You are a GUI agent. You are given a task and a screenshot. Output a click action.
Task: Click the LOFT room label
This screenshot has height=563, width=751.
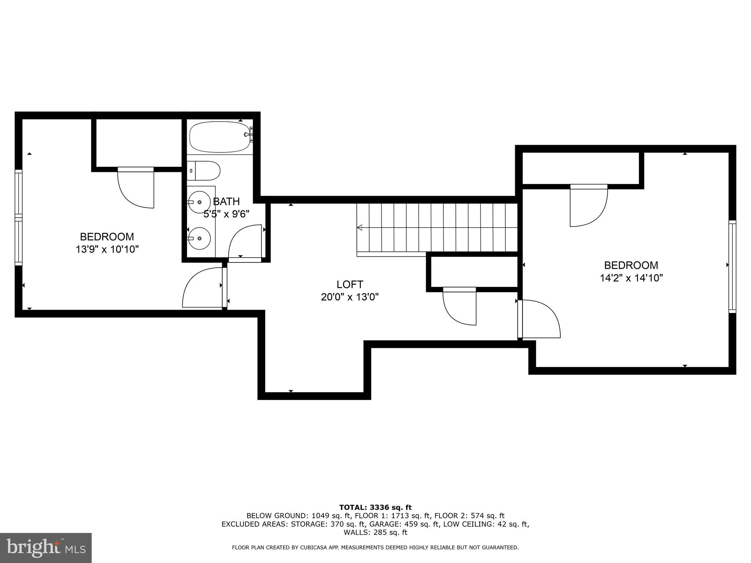point(349,284)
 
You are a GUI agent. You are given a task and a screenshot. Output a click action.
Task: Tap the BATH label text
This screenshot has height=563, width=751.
point(226,201)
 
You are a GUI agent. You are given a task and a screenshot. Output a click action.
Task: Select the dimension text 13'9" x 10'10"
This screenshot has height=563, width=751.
point(107,250)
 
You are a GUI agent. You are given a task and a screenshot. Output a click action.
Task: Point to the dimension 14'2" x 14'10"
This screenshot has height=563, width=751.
point(631,278)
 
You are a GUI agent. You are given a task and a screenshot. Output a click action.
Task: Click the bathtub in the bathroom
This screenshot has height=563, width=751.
point(219,137)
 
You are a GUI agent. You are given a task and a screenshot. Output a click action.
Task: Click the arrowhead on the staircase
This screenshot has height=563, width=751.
point(360,228)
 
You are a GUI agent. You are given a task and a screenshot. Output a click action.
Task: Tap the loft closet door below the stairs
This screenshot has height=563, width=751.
point(459,306)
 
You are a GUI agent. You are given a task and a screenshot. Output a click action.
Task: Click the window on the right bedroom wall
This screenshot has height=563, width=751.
point(732,266)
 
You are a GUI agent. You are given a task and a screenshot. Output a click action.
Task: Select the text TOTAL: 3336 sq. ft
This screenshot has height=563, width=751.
point(375,507)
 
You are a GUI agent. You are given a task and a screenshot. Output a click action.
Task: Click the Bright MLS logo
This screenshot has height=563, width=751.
point(46,548)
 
